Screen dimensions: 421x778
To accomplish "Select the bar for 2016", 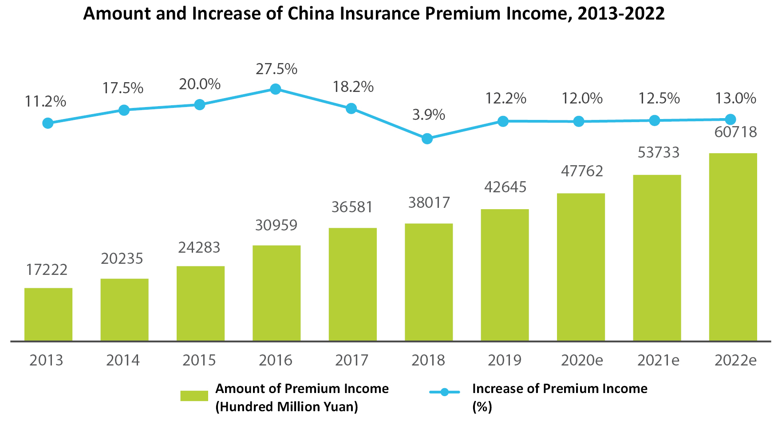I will click(276, 293).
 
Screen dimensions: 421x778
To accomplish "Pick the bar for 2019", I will click(505, 275).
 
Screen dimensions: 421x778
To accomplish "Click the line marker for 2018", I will click(427, 139).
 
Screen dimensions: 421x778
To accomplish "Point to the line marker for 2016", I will click(276, 89).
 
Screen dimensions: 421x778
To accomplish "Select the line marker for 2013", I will click(48, 123).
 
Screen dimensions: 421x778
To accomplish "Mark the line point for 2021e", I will click(655, 120).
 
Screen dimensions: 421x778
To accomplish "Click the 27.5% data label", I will click(276, 69).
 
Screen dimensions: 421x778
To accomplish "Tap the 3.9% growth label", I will click(428, 115).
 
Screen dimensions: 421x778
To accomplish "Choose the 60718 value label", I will click(735, 132).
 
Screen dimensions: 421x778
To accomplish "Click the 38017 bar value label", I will click(429, 203).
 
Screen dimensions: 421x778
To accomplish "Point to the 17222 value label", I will click(47, 270).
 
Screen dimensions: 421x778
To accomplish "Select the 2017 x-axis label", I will click(351, 360).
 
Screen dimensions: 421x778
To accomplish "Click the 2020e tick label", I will click(581, 360).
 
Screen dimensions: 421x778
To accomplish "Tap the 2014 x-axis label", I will click(123, 360).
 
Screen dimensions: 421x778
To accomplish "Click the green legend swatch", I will click(194, 396).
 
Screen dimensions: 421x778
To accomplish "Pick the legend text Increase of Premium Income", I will click(559, 389).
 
